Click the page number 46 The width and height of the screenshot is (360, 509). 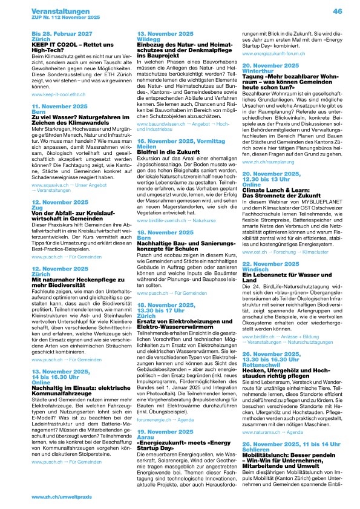click(x=338, y=10)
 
